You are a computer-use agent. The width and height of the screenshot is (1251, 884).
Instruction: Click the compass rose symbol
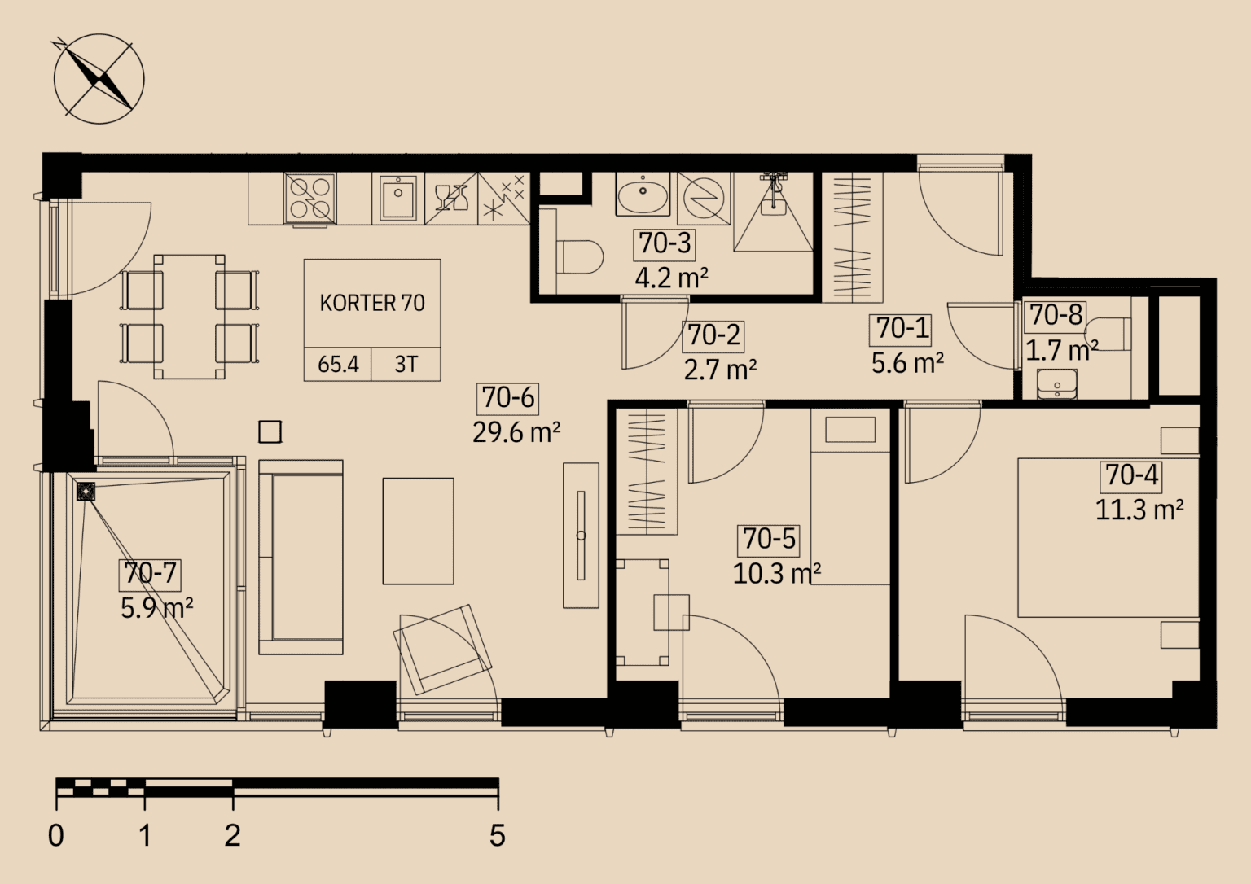click(x=99, y=78)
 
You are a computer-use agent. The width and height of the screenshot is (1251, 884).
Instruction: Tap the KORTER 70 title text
click(x=372, y=303)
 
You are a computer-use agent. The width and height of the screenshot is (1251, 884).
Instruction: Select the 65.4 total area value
click(x=338, y=365)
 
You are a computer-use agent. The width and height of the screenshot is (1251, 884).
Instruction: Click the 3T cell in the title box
click(x=406, y=365)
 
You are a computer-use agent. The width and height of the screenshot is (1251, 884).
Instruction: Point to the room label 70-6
click(x=508, y=398)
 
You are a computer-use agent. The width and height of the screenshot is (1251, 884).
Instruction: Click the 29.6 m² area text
click(x=516, y=432)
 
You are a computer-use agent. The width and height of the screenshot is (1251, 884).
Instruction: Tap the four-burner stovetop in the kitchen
click(x=310, y=198)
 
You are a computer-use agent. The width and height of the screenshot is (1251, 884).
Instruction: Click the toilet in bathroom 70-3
click(x=580, y=257)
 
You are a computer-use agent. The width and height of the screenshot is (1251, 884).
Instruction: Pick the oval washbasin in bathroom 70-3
click(x=643, y=195)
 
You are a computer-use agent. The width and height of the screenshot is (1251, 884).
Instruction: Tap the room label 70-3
click(x=665, y=243)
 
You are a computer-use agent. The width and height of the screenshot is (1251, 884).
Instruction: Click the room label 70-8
click(x=1056, y=315)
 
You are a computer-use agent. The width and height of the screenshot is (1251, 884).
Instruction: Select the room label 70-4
click(x=1131, y=475)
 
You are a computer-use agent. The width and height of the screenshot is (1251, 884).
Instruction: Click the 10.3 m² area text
click(x=776, y=573)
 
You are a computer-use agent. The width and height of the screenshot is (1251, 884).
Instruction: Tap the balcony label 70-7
click(x=150, y=573)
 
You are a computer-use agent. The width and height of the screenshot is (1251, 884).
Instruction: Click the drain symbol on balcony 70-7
click(x=86, y=491)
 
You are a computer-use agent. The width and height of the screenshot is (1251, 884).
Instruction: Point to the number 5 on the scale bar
click(x=497, y=835)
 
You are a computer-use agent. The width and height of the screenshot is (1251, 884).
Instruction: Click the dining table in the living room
click(x=189, y=317)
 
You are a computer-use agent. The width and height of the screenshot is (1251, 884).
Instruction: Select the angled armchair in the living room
click(x=443, y=649)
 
